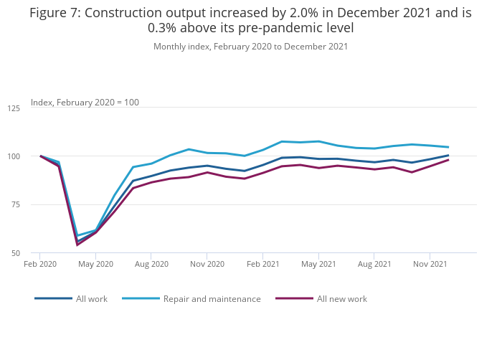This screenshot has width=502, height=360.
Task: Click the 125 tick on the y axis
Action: coord(14,108)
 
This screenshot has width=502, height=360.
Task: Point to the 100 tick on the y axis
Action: coord(14,156)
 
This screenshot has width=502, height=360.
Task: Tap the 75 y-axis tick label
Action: coord(15,205)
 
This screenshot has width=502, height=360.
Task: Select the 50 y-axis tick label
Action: coord(15,253)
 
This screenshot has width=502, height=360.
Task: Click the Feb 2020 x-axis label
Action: coord(40,264)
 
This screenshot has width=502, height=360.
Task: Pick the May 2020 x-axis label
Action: coord(95,264)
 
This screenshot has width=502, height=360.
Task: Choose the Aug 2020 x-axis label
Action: coord(151,264)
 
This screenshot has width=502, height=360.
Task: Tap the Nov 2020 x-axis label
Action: coord(207,264)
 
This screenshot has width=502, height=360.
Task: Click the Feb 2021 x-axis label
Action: coord(262,264)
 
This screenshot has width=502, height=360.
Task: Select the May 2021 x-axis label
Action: coord(318,264)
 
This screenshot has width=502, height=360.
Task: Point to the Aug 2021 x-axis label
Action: coord(374,264)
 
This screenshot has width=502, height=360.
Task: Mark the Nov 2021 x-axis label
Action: coord(430,264)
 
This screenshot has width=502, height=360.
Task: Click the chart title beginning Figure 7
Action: coord(250,20)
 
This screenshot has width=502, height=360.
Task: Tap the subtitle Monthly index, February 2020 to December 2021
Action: coord(250,47)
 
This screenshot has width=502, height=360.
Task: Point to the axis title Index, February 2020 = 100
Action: coord(85,103)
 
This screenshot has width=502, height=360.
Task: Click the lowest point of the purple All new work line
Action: coord(77,245)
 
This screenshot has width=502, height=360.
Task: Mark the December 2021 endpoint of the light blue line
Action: coord(448,147)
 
